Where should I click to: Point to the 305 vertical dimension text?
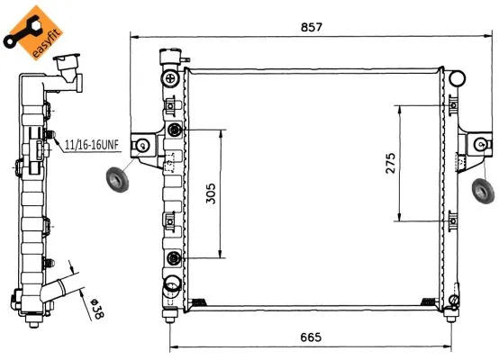210,194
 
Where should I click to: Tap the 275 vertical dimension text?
390,164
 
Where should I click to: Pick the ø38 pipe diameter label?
93,306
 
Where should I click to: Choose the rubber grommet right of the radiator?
483,190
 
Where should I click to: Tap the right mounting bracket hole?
480,144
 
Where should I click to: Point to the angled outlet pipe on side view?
66,292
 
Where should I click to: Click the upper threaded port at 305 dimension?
174,132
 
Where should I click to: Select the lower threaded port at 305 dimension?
174,260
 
